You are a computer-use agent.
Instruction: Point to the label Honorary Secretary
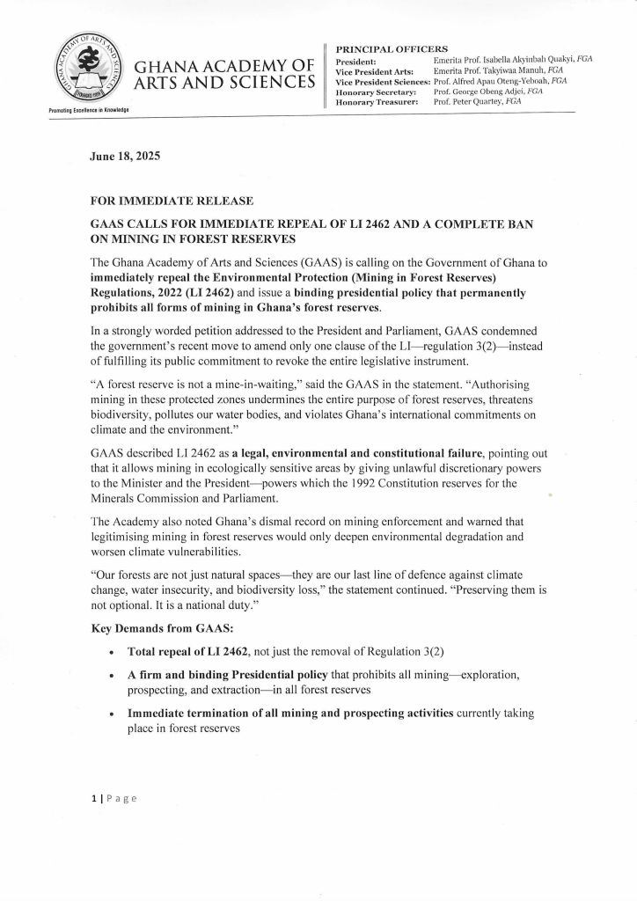point(377,92)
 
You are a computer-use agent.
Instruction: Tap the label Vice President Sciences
point(383,81)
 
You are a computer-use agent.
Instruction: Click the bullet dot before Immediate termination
point(108,714)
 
